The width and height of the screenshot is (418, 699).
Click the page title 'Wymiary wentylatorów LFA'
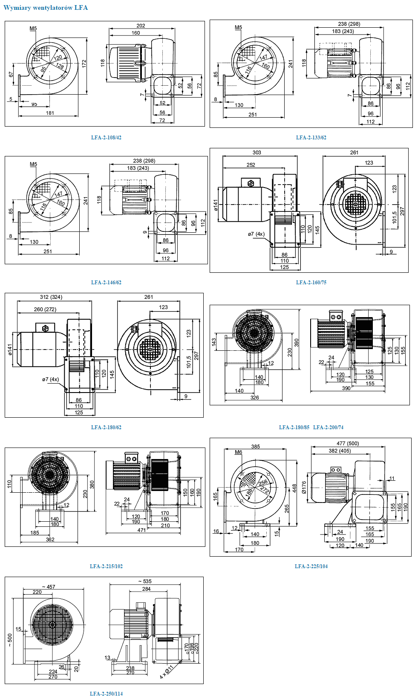(x=46, y=8)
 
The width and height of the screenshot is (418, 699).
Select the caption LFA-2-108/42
(x=106, y=138)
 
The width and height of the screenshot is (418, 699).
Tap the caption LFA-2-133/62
(x=311, y=138)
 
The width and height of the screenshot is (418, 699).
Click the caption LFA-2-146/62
(x=106, y=283)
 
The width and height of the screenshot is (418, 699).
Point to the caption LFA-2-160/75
(x=311, y=283)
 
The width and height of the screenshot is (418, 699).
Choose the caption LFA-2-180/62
(x=106, y=427)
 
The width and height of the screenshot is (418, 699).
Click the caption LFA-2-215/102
(x=106, y=566)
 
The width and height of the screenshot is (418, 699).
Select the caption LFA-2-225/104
(x=311, y=566)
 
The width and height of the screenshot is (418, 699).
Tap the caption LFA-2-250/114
(x=106, y=693)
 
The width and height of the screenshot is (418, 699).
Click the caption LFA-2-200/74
(x=328, y=427)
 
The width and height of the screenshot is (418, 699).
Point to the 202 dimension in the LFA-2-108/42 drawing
(x=141, y=26)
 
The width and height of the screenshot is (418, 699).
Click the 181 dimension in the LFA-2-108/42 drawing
(x=50, y=113)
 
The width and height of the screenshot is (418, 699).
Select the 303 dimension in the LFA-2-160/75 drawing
(x=257, y=153)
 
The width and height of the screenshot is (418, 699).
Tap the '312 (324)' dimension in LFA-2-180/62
(x=51, y=297)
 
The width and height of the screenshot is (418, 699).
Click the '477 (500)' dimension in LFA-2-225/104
(x=347, y=444)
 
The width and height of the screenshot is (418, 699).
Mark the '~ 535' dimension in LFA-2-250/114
(x=145, y=581)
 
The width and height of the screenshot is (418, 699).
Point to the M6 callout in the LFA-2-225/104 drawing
(x=238, y=452)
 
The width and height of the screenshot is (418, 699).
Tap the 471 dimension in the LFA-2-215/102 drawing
(x=141, y=530)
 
